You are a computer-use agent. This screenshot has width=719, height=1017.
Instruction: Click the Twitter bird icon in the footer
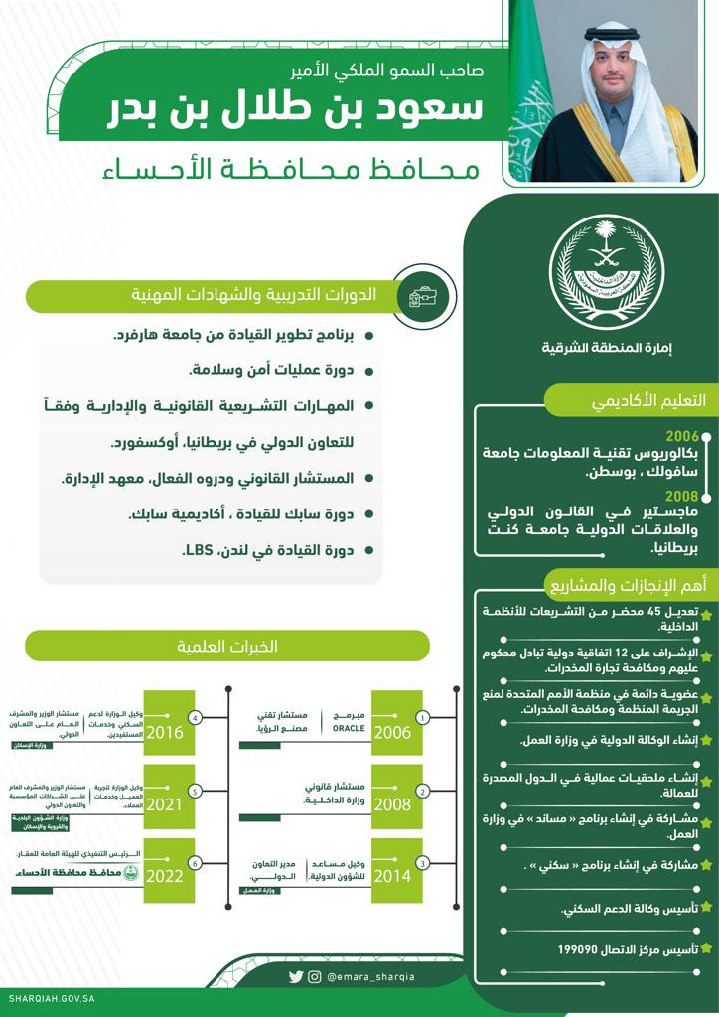(x=296, y=976)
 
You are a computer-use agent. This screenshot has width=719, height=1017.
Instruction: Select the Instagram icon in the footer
(x=315, y=976)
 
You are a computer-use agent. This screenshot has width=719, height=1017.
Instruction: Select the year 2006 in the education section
(x=682, y=435)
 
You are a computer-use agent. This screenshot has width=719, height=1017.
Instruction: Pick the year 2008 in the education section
(x=682, y=495)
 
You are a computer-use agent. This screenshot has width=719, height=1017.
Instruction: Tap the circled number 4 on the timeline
(x=196, y=717)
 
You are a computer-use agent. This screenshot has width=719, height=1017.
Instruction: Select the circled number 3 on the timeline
(x=423, y=863)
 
